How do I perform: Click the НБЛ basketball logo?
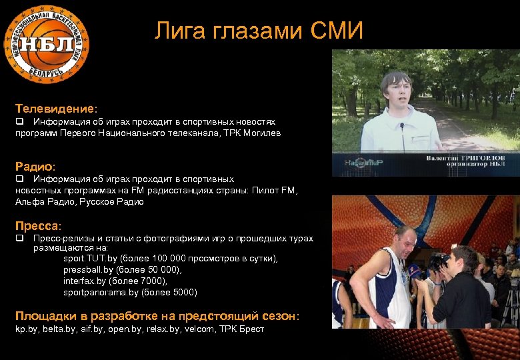click(47, 44)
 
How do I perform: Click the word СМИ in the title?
click(337, 31)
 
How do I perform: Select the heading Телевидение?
click(55, 107)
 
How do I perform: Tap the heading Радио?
click(35, 165)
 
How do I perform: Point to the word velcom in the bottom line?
click(198, 329)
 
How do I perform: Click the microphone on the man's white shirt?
click(402, 126)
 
